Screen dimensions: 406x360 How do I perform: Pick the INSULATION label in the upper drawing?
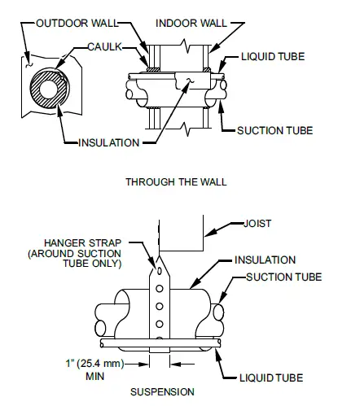(x=109, y=144)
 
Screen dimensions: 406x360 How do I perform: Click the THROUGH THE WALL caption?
(x=175, y=181)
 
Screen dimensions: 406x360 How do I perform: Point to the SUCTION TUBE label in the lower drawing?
(x=283, y=277)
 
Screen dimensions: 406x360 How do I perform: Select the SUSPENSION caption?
(x=162, y=391)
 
